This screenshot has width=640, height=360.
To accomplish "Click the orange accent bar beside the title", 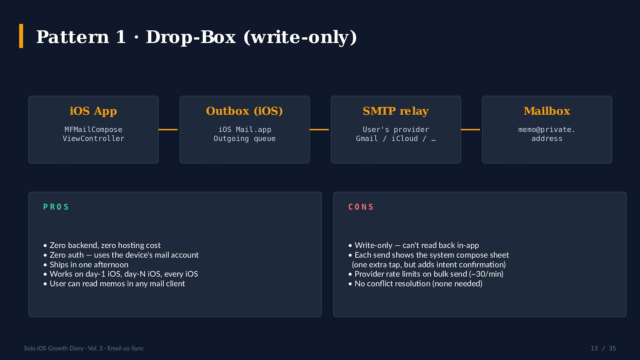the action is pos(21,36).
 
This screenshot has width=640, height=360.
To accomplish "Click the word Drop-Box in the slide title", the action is pos(191,37).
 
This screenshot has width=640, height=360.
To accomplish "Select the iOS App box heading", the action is pos(93,111).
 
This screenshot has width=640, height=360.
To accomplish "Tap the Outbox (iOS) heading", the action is pos(244,111).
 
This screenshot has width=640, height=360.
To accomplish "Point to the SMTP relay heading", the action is pos(396,111).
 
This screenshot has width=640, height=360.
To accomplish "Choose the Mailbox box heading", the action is pos(547,111).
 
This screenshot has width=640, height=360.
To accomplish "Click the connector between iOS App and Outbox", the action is pos(168,129).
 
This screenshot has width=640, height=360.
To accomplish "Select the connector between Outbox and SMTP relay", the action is pos(319,129).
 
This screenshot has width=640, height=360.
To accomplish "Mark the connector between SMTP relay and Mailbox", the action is pos(470,129).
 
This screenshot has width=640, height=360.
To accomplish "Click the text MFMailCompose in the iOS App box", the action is pos(93,129).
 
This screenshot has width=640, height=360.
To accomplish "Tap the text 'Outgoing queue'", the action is pos(245,139).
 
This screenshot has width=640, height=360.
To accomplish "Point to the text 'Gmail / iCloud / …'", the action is pos(396,139).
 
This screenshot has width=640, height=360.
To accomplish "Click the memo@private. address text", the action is pos(547,134).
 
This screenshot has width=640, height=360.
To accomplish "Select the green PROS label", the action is pos(56,207).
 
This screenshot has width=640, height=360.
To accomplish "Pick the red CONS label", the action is pos(361,207).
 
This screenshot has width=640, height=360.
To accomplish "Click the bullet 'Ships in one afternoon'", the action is pos(86,265).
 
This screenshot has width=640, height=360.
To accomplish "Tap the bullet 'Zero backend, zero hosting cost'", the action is pos(102,245).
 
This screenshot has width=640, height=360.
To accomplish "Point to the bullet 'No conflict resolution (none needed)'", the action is pos(415,284).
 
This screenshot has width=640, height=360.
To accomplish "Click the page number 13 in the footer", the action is pos(594,348).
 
